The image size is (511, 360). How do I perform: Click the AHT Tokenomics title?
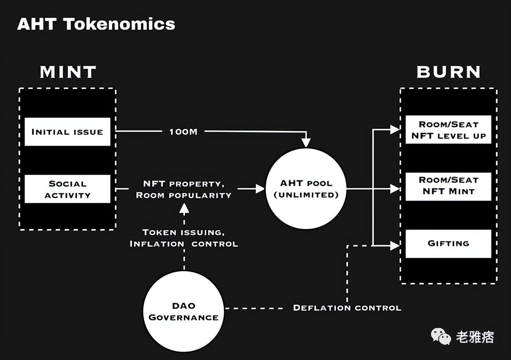[96, 24]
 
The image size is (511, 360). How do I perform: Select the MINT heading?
[68, 72]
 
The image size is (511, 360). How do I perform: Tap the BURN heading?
[448, 72]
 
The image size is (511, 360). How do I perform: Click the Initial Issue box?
[67, 132]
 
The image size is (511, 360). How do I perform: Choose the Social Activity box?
[67, 189]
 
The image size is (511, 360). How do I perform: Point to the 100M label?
[183, 132]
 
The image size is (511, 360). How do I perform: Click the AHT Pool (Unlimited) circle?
[306, 189]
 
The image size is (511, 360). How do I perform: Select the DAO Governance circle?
[184, 311]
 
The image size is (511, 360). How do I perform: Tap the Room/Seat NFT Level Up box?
[448, 130]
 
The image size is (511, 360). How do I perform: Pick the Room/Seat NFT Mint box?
[448, 187]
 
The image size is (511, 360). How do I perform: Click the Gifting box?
[448, 243]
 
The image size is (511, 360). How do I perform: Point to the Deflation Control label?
[347, 308]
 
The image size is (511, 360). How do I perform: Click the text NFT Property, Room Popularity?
[184, 190]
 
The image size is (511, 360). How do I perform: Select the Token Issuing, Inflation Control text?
[184, 238]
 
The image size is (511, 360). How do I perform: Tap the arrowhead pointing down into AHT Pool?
[306, 142]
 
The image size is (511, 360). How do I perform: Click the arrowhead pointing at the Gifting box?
[395, 246]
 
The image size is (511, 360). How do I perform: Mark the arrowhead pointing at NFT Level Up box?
[395, 130]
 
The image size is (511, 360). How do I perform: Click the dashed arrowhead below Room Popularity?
[184, 208]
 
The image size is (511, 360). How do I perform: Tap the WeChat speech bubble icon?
[441, 336]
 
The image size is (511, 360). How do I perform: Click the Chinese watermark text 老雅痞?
[475, 337]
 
